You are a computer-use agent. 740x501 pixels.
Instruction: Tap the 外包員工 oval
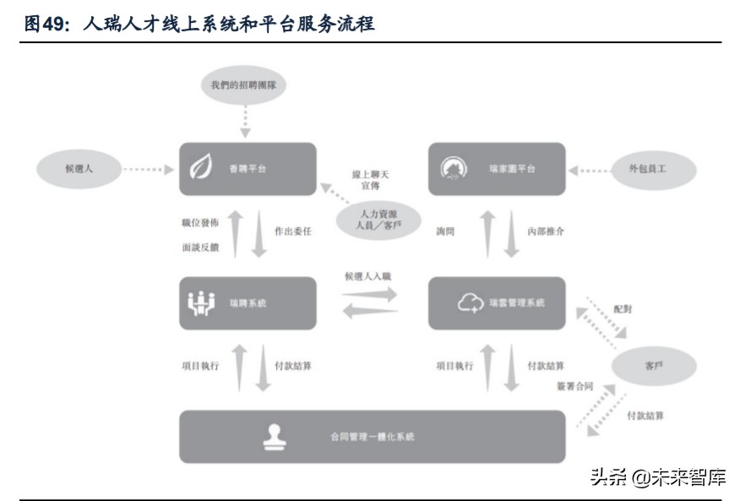click(x=656, y=169)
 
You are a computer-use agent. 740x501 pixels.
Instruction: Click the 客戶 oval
click(x=655, y=368)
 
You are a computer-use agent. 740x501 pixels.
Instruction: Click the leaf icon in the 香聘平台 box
click(x=201, y=169)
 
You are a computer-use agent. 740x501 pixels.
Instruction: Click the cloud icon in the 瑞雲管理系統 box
click(x=470, y=302)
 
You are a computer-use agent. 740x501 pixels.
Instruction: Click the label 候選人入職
click(x=368, y=276)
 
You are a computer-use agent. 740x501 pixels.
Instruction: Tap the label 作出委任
click(x=293, y=231)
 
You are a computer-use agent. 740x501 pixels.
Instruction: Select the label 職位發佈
click(x=199, y=222)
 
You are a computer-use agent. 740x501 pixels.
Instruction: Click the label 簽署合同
click(x=574, y=386)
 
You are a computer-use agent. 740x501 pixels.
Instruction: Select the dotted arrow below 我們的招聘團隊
click(x=247, y=120)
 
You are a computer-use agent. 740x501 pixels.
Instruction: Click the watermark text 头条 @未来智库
click(x=656, y=476)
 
